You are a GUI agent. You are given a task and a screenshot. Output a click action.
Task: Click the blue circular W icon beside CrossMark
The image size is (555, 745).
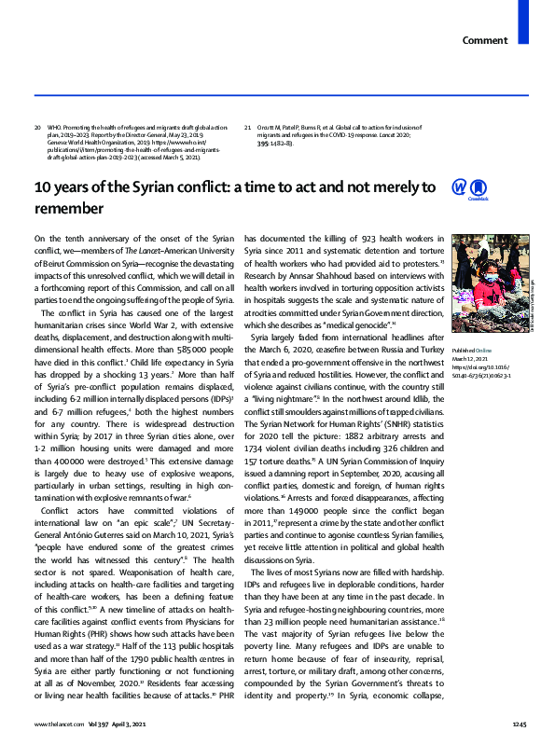pos(459,187)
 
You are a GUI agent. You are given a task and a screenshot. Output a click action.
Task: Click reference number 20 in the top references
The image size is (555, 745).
pos(37,127)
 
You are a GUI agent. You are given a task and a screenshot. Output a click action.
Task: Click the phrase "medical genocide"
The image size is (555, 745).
pos(370,324)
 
